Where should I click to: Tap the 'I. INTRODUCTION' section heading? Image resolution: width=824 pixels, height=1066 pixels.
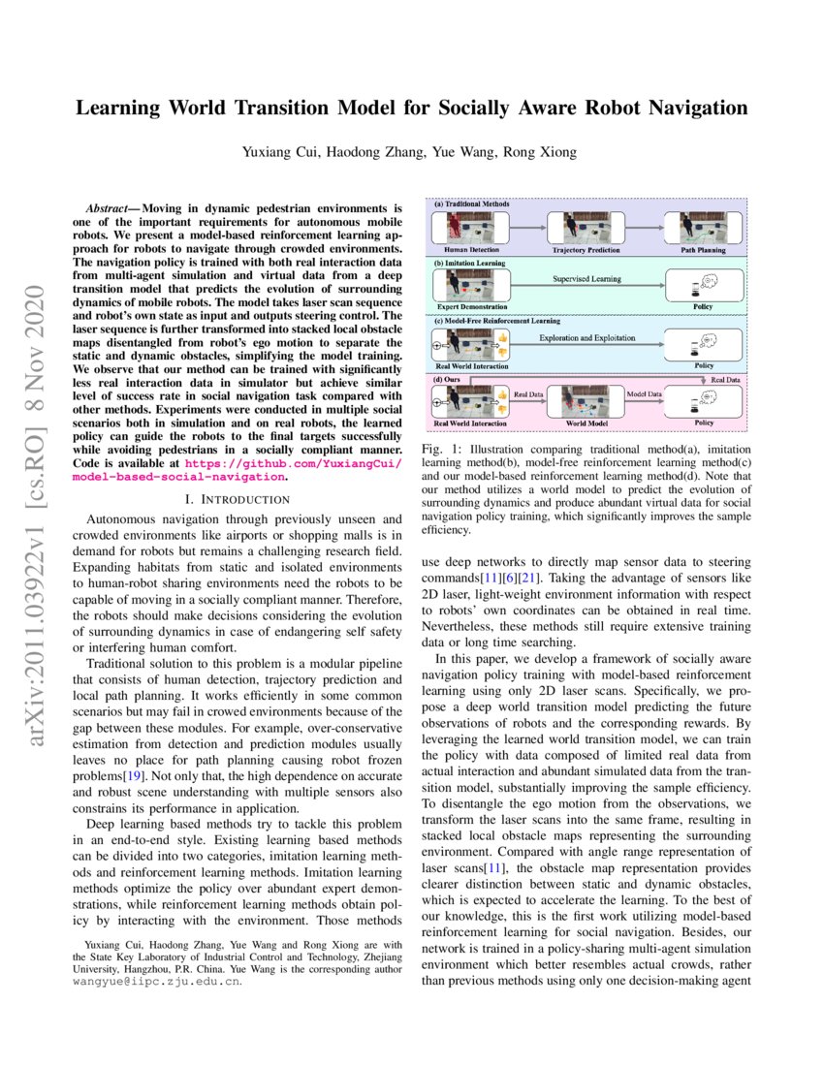237,499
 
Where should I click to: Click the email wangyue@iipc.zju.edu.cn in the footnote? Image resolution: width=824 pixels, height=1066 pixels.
157,981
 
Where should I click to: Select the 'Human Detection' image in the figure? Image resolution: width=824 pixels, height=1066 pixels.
464,230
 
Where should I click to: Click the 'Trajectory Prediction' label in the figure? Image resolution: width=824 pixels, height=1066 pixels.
586,250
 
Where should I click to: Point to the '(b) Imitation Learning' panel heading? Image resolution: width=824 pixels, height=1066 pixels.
470,263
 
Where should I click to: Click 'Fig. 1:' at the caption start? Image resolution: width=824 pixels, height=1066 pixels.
441,451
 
